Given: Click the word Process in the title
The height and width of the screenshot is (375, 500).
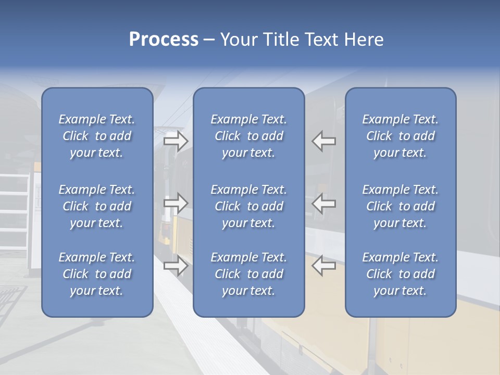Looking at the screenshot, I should (x=164, y=40).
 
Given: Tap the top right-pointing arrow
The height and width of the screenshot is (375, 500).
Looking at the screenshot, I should (x=176, y=141).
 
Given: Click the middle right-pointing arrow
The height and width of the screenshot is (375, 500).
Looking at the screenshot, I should (x=176, y=204).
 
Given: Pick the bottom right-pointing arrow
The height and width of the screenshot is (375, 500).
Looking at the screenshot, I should (x=176, y=265).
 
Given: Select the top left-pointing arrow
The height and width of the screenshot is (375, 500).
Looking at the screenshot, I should (x=323, y=141).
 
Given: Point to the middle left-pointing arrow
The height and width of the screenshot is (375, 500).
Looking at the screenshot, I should (x=323, y=204).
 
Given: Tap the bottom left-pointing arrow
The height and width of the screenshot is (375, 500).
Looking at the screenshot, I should (x=323, y=265).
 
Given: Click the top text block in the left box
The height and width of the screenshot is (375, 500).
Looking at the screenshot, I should (x=97, y=136).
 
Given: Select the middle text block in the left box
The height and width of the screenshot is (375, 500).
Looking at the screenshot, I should (x=97, y=206).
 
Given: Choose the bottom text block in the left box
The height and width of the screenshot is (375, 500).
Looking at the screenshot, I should (x=97, y=274).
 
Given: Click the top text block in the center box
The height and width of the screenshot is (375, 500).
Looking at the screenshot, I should (x=248, y=136).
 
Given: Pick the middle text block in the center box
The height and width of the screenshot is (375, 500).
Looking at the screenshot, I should (x=248, y=206).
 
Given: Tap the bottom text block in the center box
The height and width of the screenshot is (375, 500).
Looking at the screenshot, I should (x=248, y=274).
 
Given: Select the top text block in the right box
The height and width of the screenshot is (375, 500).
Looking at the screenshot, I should (x=400, y=136).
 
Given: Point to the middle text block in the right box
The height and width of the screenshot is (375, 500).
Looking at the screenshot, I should (x=400, y=206).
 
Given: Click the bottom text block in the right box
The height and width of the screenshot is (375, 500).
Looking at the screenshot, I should (x=400, y=274).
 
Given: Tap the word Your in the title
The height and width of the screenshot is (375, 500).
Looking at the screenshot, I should (x=238, y=40).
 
